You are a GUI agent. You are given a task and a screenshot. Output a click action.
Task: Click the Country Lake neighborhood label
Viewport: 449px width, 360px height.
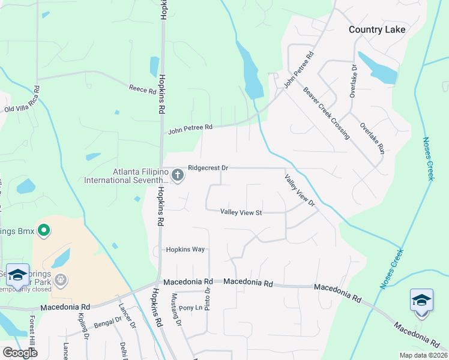pyautogui.click(x=377, y=29)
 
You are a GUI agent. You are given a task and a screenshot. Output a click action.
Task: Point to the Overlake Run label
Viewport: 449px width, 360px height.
pyautogui.click(x=372, y=139)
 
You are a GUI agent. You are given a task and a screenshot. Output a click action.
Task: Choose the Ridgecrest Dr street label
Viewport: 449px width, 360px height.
pyautogui.click(x=208, y=168)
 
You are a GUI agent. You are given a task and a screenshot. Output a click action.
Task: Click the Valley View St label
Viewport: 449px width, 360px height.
pyautogui.click(x=241, y=212)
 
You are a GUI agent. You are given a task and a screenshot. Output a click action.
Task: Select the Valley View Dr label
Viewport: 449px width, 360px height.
pyautogui.click(x=300, y=190)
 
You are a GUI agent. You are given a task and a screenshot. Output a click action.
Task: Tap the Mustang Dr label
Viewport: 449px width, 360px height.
pyautogui.click(x=175, y=308)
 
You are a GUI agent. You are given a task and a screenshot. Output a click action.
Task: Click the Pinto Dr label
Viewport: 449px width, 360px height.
pyautogui.click(x=207, y=299)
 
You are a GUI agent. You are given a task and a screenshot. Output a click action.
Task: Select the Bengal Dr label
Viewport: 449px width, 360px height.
pyautogui.click(x=104, y=324)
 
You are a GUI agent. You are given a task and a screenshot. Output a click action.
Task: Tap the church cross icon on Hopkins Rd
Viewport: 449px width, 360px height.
pyautogui.click(x=177, y=175)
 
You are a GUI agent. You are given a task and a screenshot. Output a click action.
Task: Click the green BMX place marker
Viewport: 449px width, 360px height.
pyautogui.click(x=43, y=230)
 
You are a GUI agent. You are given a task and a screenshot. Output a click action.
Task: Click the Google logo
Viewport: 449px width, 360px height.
pyautogui.click(x=20, y=353)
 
